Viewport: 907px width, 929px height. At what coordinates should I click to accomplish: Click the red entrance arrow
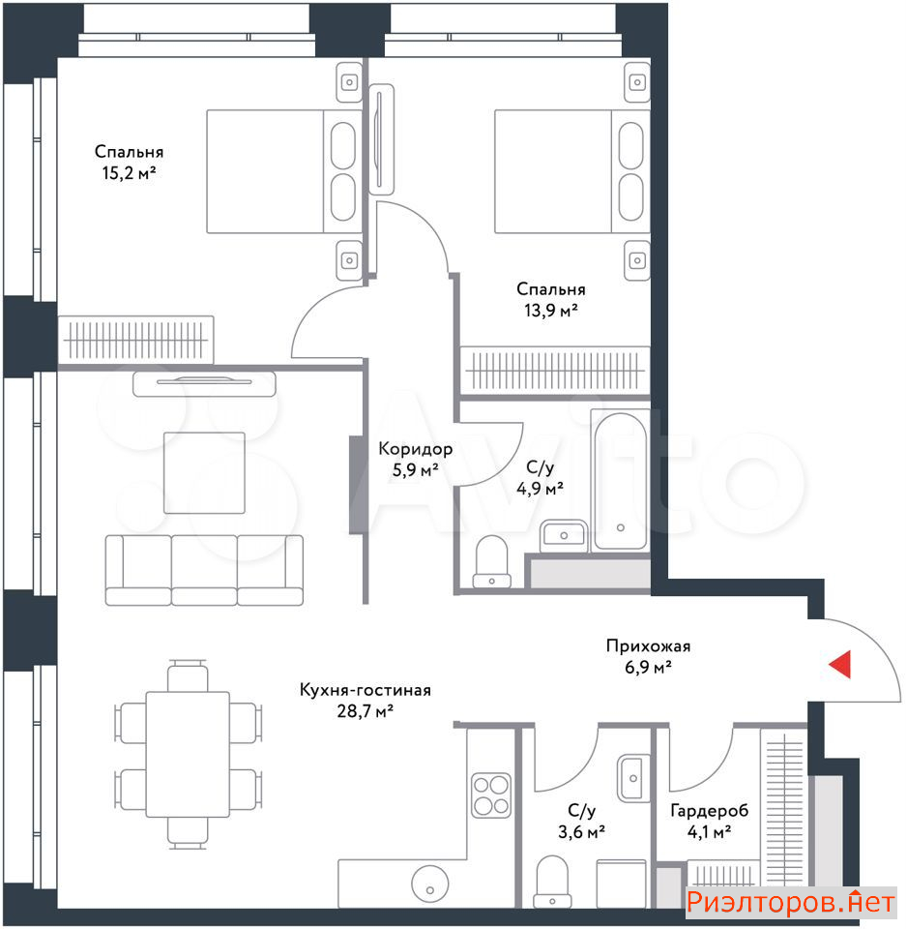click(840, 664)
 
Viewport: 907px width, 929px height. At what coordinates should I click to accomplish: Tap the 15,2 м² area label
click(129, 173)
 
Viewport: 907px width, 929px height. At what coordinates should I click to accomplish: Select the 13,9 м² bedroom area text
click(551, 310)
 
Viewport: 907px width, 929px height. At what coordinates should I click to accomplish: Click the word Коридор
click(416, 448)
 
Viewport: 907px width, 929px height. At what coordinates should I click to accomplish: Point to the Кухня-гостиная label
click(366, 690)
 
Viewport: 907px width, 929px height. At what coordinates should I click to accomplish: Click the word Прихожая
click(648, 645)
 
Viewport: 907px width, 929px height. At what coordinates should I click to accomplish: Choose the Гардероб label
click(710, 810)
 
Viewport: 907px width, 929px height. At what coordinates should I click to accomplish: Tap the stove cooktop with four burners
click(491, 794)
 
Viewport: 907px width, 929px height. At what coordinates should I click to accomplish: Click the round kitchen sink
click(430, 884)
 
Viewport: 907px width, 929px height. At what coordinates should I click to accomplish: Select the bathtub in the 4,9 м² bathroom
click(620, 481)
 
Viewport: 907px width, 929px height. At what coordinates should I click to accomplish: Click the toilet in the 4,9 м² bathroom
click(492, 561)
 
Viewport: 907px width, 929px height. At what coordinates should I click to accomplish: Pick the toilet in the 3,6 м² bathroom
click(552, 882)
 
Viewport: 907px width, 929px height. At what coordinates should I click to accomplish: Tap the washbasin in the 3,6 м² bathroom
click(633, 778)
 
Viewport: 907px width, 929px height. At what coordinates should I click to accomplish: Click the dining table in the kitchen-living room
click(188, 754)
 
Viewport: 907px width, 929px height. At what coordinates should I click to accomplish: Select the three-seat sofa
click(204, 570)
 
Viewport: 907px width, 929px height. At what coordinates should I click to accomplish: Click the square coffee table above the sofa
click(204, 473)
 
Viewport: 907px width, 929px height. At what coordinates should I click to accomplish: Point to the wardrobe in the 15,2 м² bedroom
click(136, 340)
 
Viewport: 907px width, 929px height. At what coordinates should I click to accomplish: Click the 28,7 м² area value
click(366, 710)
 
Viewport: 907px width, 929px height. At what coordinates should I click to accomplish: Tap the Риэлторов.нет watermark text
click(790, 902)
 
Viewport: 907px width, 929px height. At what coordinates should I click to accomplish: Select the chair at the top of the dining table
click(188, 675)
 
